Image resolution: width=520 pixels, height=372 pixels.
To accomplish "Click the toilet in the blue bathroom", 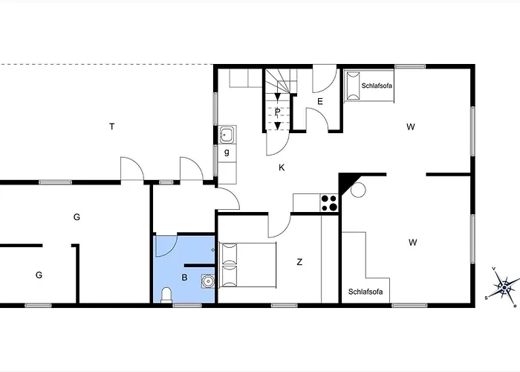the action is [166, 295].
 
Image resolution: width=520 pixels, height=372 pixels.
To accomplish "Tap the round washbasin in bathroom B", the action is [208, 281].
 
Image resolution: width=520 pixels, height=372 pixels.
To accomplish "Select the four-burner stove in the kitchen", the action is [329, 203].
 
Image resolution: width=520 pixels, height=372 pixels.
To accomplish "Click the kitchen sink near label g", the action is [227, 135].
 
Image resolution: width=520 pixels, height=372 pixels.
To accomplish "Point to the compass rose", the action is [503, 286].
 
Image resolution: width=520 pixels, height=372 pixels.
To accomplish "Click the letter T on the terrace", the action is [112, 126].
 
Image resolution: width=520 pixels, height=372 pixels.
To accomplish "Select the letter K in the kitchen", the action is [282, 167].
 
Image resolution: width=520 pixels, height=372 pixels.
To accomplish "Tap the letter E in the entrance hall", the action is [320, 101].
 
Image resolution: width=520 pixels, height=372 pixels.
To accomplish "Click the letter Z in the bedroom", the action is [299, 262].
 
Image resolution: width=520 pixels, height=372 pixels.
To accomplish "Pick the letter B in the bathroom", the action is [185, 278].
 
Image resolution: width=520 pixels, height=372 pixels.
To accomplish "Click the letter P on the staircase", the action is [277, 112].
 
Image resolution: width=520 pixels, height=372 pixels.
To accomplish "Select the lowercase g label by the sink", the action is [227, 152].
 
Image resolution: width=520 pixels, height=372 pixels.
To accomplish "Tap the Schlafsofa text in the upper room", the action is [377, 86].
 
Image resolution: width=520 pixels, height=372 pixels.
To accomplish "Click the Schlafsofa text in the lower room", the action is [365, 292].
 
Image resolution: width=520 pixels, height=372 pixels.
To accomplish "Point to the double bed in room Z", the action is [247, 265].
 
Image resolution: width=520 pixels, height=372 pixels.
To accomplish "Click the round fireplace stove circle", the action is [358, 190].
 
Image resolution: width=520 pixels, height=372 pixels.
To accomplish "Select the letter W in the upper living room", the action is [411, 127].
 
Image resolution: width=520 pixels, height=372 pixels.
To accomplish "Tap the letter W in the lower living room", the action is [412, 243].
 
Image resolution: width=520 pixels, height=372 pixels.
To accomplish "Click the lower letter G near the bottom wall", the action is [39, 275].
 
